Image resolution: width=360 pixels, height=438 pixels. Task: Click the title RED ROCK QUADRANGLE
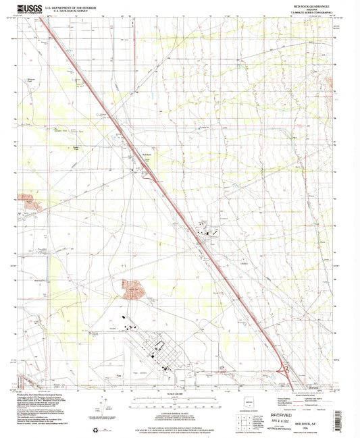point(310,5)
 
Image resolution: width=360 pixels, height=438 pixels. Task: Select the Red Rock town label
point(145,153)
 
